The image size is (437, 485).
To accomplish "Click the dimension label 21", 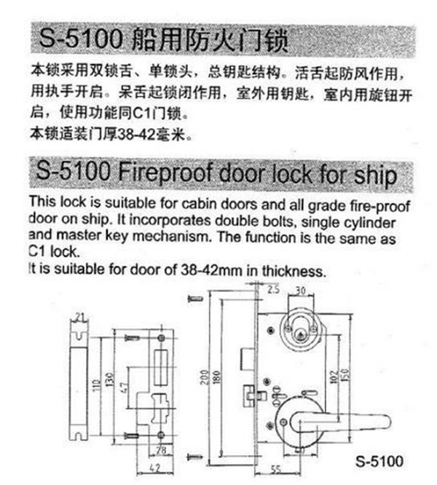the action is (80, 318).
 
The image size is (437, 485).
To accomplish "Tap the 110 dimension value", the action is (97, 386).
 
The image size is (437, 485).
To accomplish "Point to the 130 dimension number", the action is (110, 380).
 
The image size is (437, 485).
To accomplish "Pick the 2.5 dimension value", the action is (273, 290).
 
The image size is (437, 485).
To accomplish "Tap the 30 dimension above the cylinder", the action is (300, 290).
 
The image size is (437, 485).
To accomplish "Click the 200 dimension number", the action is (204, 377).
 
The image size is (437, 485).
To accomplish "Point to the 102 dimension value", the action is (334, 377).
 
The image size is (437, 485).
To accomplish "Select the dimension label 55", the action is (276, 470).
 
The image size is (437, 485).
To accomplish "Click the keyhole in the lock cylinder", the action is (299, 334).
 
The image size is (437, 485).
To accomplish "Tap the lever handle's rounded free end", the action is (385, 422).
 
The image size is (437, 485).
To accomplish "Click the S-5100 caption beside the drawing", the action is (379, 461).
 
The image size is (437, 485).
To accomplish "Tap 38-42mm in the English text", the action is (211, 270).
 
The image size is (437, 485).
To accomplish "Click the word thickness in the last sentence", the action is (294, 272).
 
